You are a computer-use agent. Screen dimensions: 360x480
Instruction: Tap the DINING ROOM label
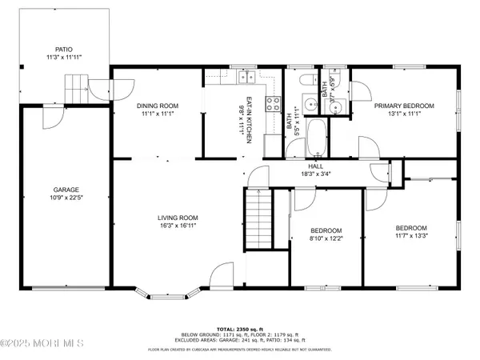coord(157,106)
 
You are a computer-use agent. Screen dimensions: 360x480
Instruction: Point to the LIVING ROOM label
coord(178,217)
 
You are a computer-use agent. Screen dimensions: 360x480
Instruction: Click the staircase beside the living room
coord(258,216)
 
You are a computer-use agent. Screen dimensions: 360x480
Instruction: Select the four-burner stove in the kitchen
coord(270,103)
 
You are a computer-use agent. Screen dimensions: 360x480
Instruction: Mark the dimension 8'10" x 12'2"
coord(326,238)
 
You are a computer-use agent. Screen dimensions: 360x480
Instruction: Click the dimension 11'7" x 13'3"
coord(411,236)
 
